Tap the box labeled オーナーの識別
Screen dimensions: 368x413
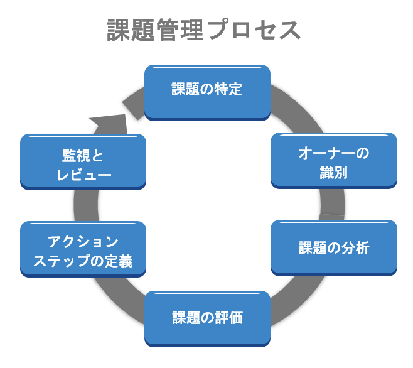tap(333, 160)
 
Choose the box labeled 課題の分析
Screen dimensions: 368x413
tap(333, 247)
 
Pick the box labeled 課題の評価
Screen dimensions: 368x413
tap(207, 318)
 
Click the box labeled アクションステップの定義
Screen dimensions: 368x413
tap(83, 249)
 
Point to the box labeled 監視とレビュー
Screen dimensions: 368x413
tap(83, 162)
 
